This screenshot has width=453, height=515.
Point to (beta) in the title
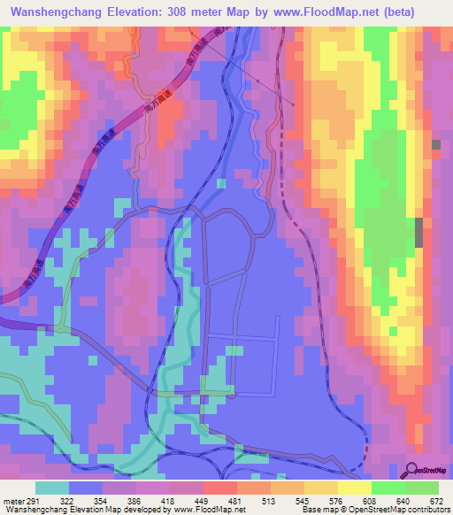tap(418, 13)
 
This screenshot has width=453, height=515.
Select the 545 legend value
tap(289, 501)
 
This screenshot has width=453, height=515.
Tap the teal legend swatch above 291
tap(51, 488)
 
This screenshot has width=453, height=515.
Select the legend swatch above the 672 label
tap(422, 488)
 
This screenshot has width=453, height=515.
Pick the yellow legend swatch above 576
tap(320, 488)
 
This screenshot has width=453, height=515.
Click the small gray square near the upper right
tap(435, 143)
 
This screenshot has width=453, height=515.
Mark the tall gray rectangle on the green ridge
tap(418, 233)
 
